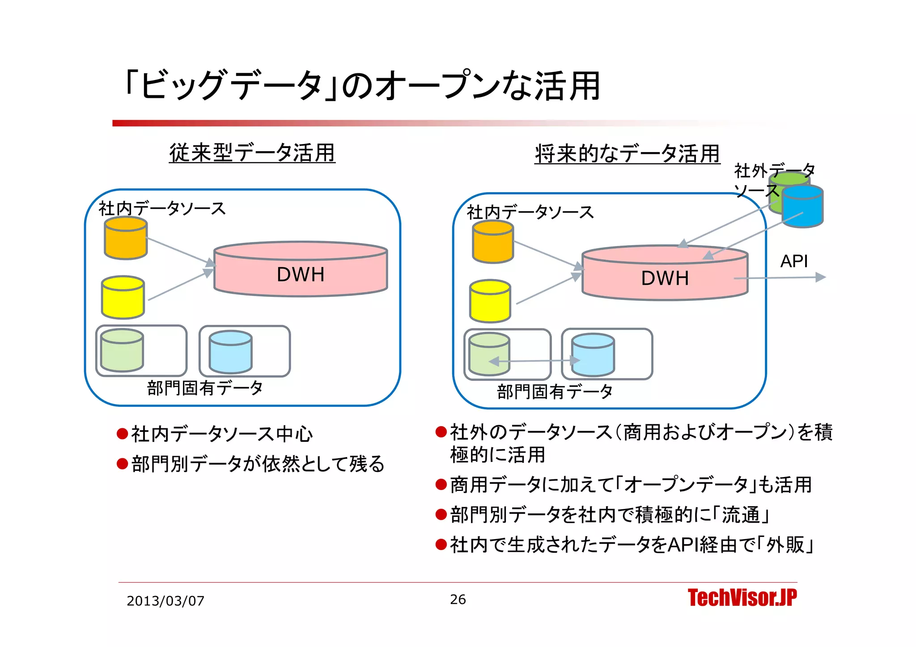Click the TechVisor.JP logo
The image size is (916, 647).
pos(742,598)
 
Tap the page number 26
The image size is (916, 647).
pos(458,599)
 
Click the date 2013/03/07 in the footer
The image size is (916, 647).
pos(165,600)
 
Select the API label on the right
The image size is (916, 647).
pos(794,261)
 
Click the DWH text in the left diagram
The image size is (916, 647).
pos(301,275)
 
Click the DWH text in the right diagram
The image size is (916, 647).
pos(665,278)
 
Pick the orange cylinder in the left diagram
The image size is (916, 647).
pos(126,238)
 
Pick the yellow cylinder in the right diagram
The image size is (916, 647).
pos(490,301)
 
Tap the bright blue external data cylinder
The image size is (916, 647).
pos(803,207)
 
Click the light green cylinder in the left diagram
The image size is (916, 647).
pos(122,351)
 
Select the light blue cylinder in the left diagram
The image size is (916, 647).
pos(231,352)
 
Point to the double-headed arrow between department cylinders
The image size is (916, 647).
pos(534,361)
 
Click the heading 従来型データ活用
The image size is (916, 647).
pos(252,152)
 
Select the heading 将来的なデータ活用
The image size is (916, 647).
pos(627,153)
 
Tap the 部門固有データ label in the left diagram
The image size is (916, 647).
pos(204,388)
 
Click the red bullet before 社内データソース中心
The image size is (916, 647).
pos(122,434)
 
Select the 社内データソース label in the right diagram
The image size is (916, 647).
pos(530,212)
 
